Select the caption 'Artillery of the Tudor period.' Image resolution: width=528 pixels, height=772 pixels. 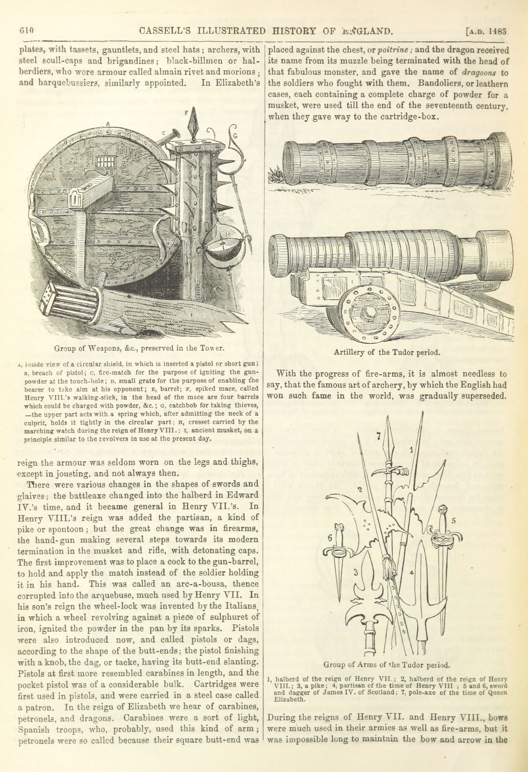click(x=387, y=352)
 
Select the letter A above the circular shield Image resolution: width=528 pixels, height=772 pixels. click(x=108, y=124)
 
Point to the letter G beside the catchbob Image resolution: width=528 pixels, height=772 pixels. click(x=235, y=135)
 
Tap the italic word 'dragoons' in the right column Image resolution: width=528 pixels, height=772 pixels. click(x=476, y=73)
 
